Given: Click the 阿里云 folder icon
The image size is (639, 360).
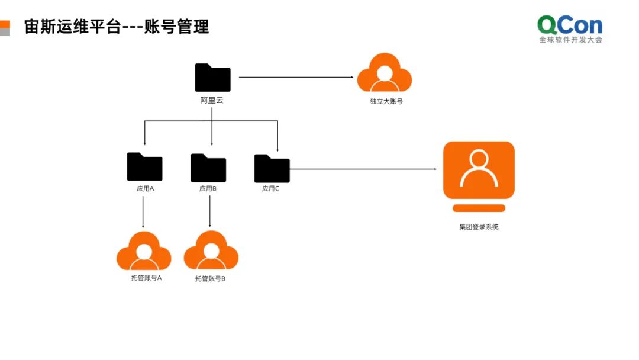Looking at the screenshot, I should (x=212, y=78).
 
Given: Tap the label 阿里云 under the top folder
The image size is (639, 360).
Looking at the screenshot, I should (x=212, y=101).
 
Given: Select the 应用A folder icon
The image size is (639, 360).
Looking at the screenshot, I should (x=144, y=167).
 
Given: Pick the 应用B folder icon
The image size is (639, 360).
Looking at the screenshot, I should (x=208, y=168).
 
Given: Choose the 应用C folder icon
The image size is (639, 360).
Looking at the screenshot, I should (x=272, y=168).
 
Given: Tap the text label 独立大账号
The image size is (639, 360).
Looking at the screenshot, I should (x=386, y=101).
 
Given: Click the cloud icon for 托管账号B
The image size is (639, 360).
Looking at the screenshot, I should (x=211, y=251).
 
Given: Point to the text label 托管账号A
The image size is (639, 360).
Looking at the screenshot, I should (x=146, y=278).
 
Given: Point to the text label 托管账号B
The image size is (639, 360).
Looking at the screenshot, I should (x=210, y=278).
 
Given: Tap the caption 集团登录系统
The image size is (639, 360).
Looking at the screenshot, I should (x=479, y=227).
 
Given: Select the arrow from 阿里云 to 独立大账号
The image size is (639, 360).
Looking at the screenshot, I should (x=296, y=77).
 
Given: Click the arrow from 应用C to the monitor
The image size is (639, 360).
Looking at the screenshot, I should (x=363, y=169).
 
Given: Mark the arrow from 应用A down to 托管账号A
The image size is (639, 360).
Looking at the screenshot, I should (x=144, y=212).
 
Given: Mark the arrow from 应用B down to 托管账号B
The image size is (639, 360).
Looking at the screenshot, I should (x=210, y=212).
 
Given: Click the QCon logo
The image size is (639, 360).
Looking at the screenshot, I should (x=570, y=25).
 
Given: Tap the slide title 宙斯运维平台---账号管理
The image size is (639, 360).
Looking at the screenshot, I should (x=117, y=27).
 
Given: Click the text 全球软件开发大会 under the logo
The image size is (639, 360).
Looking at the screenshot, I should (x=570, y=40).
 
